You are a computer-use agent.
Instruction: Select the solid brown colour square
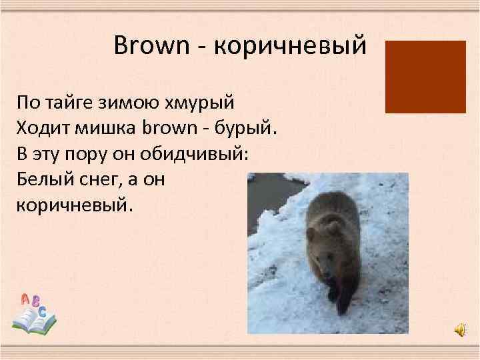coord(425,76)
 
